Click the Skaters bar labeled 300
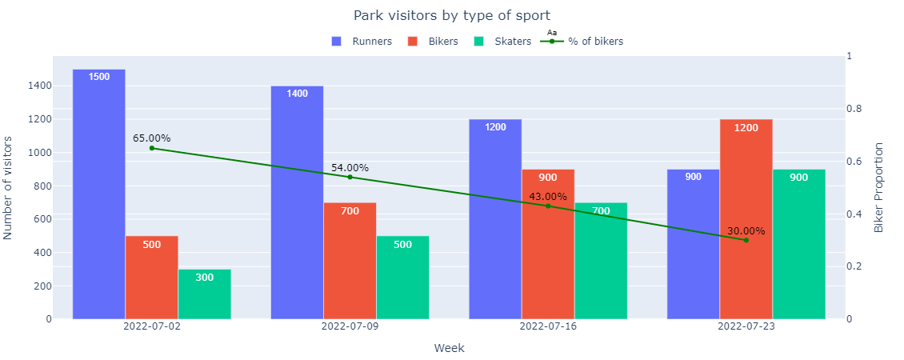click(x=204, y=294)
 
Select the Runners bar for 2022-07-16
click(x=495, y=219)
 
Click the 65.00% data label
click(x=151, y=138)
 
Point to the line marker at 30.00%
click(x=746, y=240)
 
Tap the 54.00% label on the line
click(x=350, y=168)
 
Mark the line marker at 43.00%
click(x=548, y=206)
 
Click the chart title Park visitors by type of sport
click(x=452, y=15)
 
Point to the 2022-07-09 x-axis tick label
click(x=350, y=327)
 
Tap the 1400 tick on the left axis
click(x=40, y=86)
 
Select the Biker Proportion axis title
click(x=879, y=188)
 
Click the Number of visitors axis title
click(x=9, y=188)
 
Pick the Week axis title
click(x=449, y=348)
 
